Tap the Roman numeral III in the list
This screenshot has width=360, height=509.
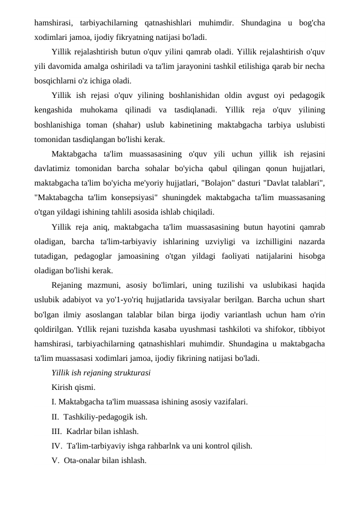point(57,432)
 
